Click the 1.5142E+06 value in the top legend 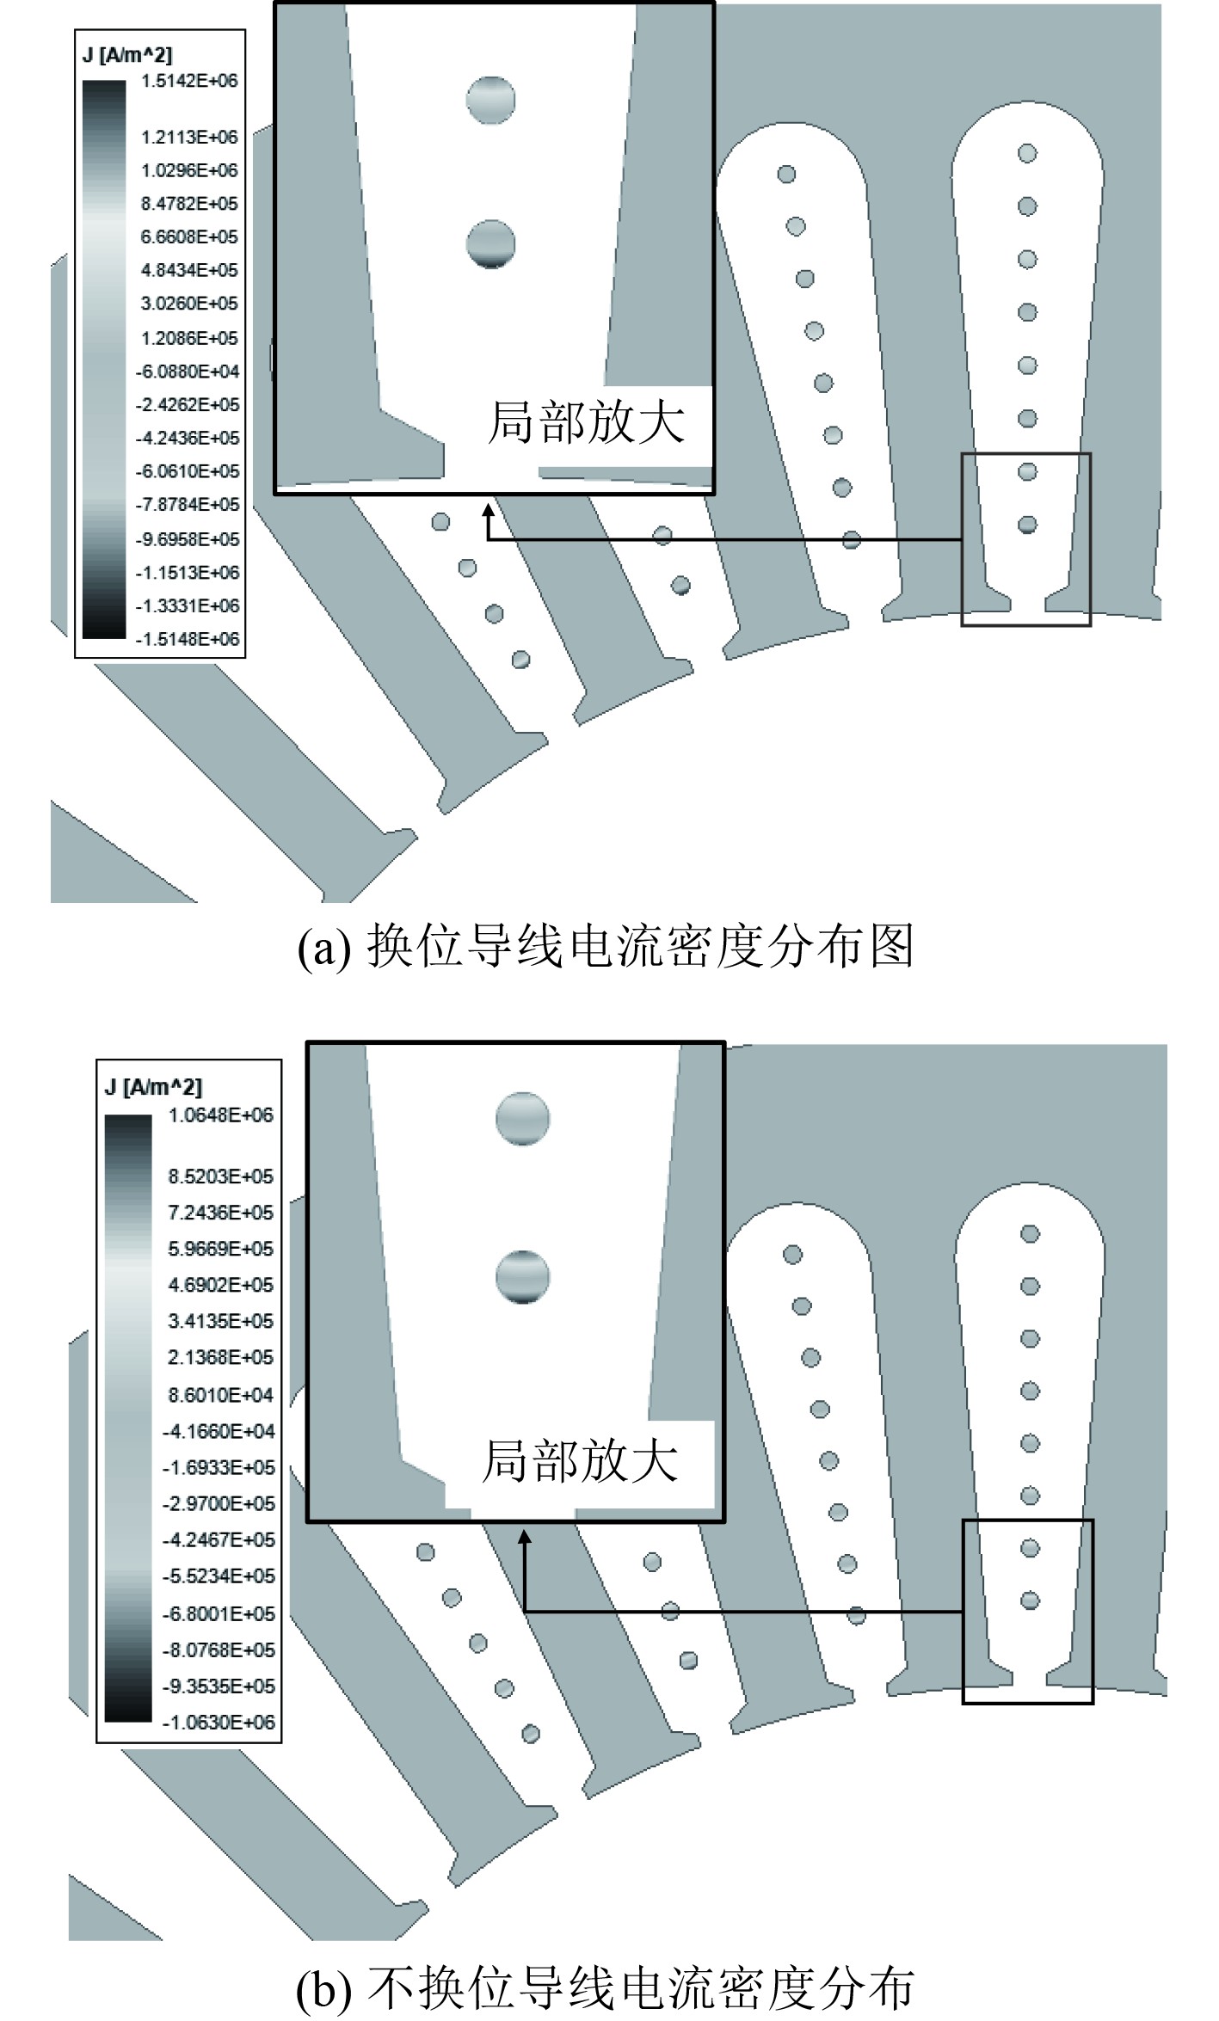[189, 81]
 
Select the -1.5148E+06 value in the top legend [188, 639]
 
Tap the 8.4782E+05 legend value [189, 204]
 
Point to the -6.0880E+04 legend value [188, 372]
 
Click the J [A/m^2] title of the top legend [127, 55]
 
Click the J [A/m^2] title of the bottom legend [153, 1087]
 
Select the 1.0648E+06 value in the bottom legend [220, 1115]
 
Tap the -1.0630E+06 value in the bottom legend [219, 1723]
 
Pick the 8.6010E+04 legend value [220, 1394]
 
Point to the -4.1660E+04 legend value [219, 1431]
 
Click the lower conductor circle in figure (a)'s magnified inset [490, 243]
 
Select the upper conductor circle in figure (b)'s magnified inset [522, 1119]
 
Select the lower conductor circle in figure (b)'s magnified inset [522, 1277]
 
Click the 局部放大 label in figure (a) [587, 422]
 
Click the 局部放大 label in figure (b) [581, 1461]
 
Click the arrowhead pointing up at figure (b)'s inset [524, 1536]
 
